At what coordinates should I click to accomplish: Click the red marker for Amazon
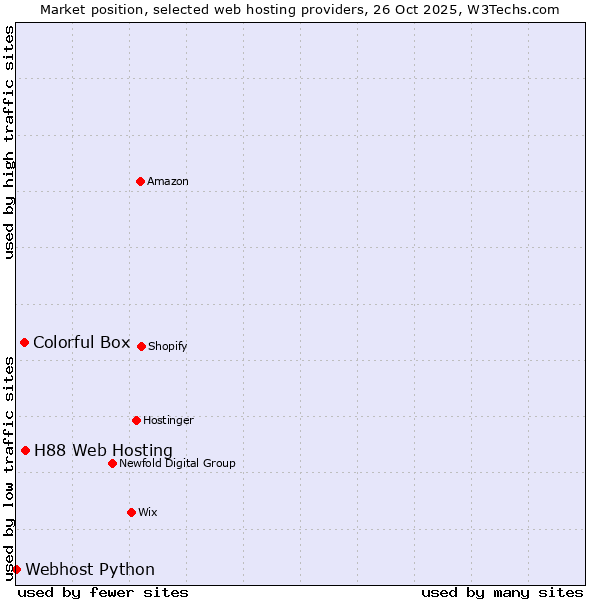coord(140,181)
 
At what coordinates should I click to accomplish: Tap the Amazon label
coord(168,181)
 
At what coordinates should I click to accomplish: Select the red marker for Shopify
coord(141,346)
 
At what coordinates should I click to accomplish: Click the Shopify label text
coord(168,346)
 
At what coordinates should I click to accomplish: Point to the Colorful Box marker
coord(24,342)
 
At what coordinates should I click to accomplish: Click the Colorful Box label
coord(81,342)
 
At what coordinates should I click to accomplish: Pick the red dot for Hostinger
coord(136,420)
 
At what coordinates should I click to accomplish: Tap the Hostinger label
coord(168,420)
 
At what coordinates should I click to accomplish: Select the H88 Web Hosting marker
coord(25,450)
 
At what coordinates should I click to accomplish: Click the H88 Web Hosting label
coord(103,450)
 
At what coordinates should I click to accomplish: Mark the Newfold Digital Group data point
coord(112,463)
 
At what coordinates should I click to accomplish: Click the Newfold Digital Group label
coord(177,463)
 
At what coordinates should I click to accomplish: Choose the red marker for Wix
coord(131,512)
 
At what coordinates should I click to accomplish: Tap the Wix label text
coord(148,512)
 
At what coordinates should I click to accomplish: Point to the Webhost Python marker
coord(16,569)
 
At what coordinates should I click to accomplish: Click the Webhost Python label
coord(90,569)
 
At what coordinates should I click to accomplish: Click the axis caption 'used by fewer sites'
coord(103,592)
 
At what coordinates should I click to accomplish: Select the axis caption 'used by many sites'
coord(502,592)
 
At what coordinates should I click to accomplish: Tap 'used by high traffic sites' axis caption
coord(9,142)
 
